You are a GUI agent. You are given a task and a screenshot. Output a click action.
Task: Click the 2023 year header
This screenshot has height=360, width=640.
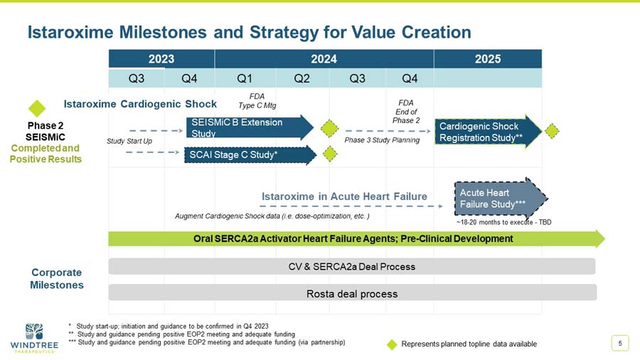pyautogui.click(x=161, y=59)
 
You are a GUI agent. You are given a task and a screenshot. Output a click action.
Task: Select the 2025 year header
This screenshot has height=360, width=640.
pyautogui.click(x=488, y=59)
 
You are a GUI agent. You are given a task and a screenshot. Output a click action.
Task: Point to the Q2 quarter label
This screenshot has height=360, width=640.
pyautogui.click(x=302, y=78)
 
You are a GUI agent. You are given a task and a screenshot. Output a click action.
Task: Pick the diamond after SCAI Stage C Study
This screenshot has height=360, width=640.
pyautogui.click(x=330, y=153)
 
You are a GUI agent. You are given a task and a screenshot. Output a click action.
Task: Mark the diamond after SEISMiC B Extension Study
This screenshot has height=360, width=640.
pyautogui.click(x=329, y=129)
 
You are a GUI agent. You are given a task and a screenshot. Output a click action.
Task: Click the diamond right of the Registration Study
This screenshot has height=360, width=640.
pyautogui.click(x=553, y=130)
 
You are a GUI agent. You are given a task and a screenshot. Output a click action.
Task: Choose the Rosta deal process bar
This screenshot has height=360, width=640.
pyautogui.click(x=352, y=293)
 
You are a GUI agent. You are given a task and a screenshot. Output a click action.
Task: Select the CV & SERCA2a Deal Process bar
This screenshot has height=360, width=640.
pyautogui.click(x=352, y=267)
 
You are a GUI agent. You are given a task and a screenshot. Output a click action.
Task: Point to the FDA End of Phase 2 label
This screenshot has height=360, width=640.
pyautogui.click(x=406, y=112)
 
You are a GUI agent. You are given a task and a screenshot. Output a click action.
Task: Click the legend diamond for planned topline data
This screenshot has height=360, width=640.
pyautogui.click(x=391, y=344)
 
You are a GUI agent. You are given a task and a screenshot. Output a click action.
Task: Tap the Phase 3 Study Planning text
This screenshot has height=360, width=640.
pyautogui.click(x=383, y=140)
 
